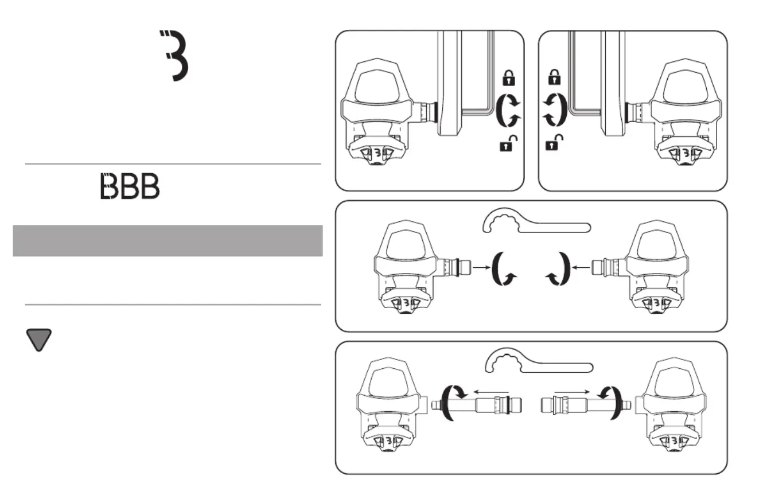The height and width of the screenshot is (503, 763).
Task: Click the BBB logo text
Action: (130, 186)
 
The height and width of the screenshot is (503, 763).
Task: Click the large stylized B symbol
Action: (174, 56)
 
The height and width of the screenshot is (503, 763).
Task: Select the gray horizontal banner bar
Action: (168, 240)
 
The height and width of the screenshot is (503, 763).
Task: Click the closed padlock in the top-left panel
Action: (508, 78)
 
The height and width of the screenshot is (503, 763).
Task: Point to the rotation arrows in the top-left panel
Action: (507, 111)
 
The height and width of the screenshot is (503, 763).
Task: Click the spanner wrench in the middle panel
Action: (536, 223)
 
